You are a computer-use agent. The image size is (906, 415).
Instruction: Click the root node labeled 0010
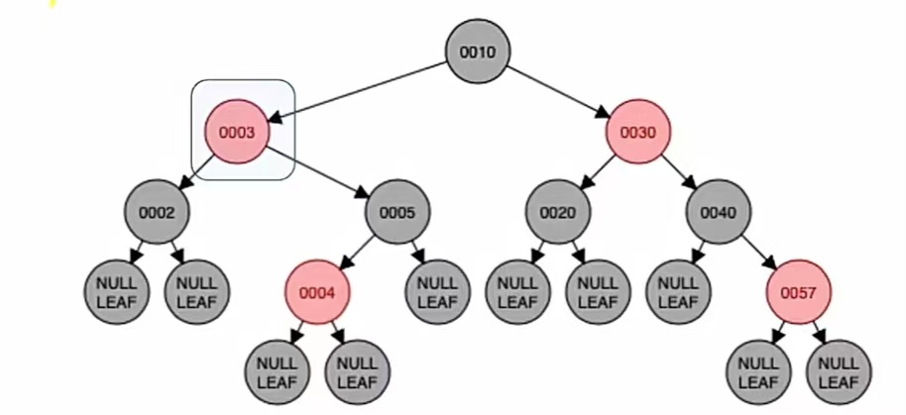[477, 52]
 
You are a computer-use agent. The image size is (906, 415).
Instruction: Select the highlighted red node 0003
[238, 132]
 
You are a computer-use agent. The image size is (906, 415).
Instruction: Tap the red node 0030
[639, 132]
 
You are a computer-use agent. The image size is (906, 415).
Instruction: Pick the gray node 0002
[157, 212]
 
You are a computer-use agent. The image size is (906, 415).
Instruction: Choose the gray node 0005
[397, 212]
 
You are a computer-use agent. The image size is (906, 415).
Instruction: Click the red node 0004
[317, 292]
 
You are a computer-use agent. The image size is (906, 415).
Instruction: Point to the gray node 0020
[558, 212]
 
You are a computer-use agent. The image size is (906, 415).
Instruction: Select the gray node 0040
[719, 212]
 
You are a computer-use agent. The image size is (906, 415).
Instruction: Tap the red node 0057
[799, 292]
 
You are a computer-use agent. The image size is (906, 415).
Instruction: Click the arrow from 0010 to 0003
[357, 91]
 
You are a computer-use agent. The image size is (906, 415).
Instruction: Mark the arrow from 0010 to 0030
[558, 91]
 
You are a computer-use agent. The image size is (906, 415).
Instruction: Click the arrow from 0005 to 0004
[357, 253]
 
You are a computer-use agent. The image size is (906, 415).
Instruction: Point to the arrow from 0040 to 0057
[759, 253]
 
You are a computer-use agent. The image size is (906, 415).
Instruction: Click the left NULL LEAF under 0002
[116, 292]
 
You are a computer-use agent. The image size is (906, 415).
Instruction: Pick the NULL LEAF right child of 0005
[437, 292]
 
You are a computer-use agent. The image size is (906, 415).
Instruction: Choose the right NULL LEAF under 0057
[839, 372]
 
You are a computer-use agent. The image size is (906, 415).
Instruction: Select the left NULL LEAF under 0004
[278, 372]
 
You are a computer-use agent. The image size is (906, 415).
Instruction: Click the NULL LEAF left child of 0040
[679, 292]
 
